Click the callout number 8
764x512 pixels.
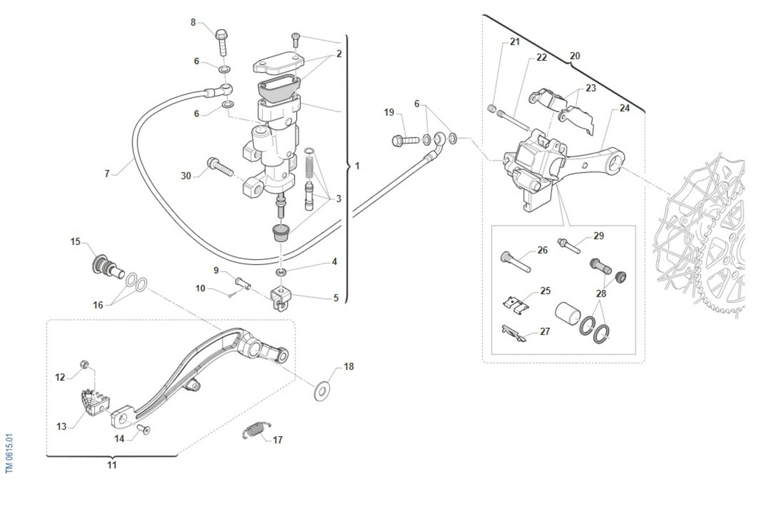pos(194,22)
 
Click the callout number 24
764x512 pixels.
pos(625,108)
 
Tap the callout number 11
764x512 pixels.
pos(111,465)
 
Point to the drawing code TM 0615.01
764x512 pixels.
pos(9,453)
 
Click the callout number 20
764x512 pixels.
pos(575,56)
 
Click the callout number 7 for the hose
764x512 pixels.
pos(108,173)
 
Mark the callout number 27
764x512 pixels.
pos(544,332)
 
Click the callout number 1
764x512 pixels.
pos(357,166)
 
